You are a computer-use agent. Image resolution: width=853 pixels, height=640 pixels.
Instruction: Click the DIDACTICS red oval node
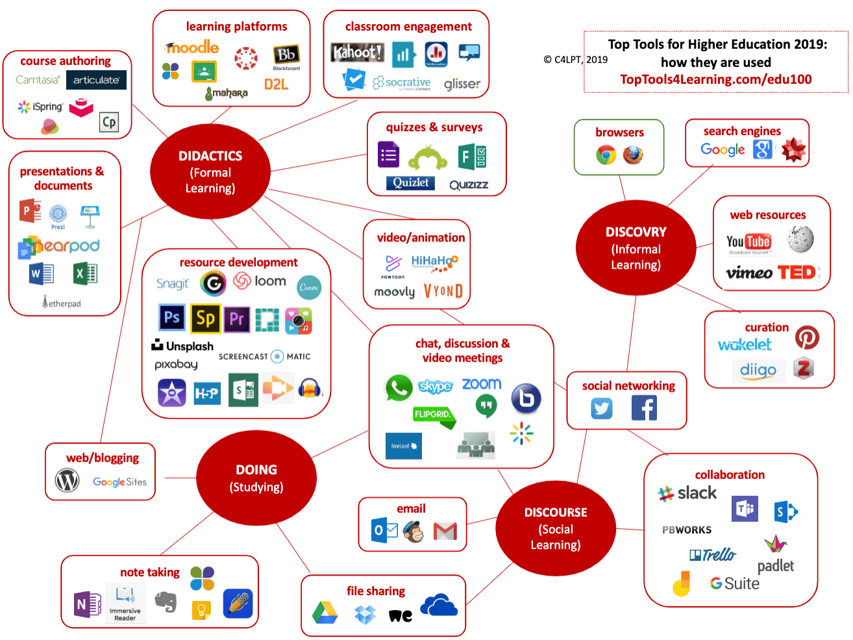click(210, 172)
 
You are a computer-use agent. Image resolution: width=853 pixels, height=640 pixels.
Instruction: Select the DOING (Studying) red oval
click(256, 478)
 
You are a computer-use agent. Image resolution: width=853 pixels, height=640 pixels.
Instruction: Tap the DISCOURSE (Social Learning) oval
click(556, 528)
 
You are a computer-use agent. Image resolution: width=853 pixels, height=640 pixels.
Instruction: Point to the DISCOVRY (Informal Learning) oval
click(636, 248)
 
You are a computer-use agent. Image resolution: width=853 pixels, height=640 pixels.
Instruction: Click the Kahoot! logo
click(357, 53)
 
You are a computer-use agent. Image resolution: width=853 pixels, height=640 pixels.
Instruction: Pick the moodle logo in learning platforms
click(192, 47)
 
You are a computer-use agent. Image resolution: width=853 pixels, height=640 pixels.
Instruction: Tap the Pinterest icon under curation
click(807, 338)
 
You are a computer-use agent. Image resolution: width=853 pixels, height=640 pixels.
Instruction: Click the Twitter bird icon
click(602, 408)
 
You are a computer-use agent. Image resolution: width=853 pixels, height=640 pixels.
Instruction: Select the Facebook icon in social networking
click(644, 408)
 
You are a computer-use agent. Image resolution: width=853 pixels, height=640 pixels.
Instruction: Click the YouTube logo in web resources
click(748, 243)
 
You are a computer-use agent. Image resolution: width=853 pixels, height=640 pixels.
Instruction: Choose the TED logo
click(797, 272)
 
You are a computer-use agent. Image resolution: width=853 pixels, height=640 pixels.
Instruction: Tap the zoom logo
click(482, 384)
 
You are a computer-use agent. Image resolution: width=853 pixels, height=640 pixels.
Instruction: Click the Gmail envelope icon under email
click(445, 532)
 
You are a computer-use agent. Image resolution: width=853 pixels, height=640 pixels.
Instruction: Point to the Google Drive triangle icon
click(325, 613)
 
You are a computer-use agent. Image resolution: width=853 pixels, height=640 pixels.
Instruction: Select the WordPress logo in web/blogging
click(68, 481)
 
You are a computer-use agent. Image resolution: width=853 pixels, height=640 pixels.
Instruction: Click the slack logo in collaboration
click(687, 493)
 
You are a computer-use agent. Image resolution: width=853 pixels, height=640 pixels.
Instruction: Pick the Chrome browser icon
click(606, 154)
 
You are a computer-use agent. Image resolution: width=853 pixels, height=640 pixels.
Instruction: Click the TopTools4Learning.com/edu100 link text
click(715, 79)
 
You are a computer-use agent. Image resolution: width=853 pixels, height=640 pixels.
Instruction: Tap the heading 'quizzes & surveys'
click(434, 127)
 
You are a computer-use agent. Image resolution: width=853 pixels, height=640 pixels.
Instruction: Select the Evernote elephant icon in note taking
click(166, 602)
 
